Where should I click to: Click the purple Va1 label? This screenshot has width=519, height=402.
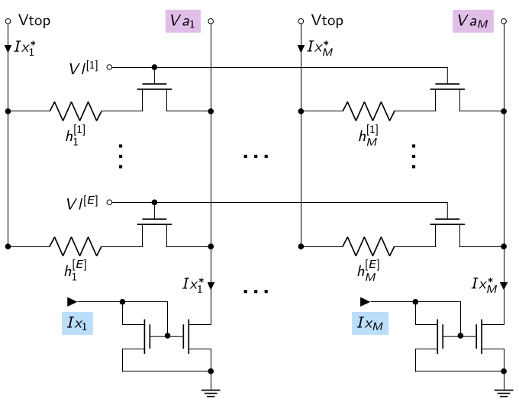click(x=183, y=21)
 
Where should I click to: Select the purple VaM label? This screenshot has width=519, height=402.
click(x=473, y=21)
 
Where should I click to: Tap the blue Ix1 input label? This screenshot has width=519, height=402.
click(x=77, y=323)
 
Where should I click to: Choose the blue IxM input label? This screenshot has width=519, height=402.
click(x=370, y=323)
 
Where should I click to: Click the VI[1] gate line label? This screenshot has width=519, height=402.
click(x=83, y=67)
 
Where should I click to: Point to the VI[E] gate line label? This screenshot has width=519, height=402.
click(x=82, y=202)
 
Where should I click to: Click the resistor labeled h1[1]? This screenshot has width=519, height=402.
click(x=76, y=111)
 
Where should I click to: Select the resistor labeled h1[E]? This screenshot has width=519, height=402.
click(x=76, y=246)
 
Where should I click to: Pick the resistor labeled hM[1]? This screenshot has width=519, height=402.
click(x=369, y=111)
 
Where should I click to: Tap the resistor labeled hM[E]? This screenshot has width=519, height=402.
click(x=369, y=246)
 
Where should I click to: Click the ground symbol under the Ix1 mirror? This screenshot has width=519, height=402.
click(x=211, y=394)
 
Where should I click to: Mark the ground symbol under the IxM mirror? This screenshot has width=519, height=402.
click(x=504, y=394)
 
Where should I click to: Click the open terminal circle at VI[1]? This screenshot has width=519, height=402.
click(x=110, y=67)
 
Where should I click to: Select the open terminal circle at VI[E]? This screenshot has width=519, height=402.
click(x=110, y=202)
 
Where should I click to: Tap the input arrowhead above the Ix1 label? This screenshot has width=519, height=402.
click(x=73, y=302)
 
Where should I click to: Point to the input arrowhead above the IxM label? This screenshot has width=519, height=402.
click(x=365, y=302)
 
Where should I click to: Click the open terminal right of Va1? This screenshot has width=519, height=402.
click(x=211, y=21)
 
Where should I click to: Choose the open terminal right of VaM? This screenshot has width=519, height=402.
click(x=504, y=21)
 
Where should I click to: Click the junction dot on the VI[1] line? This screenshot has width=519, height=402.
click(x=154, y=67)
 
